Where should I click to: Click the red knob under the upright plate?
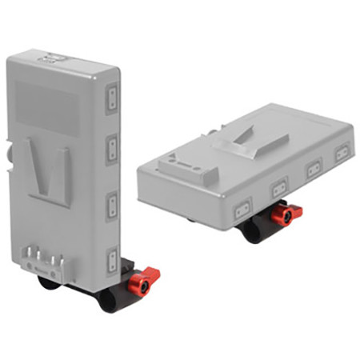[144, 282]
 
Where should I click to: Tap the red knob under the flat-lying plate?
[285, 214]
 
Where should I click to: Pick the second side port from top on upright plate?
[113, 147]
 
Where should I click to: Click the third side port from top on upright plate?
[113, 201]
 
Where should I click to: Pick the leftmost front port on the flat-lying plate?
[241, 213]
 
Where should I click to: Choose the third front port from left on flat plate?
[314, 169]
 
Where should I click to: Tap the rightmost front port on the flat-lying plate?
[342, 151]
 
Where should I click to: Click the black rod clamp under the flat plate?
[254, 230]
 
